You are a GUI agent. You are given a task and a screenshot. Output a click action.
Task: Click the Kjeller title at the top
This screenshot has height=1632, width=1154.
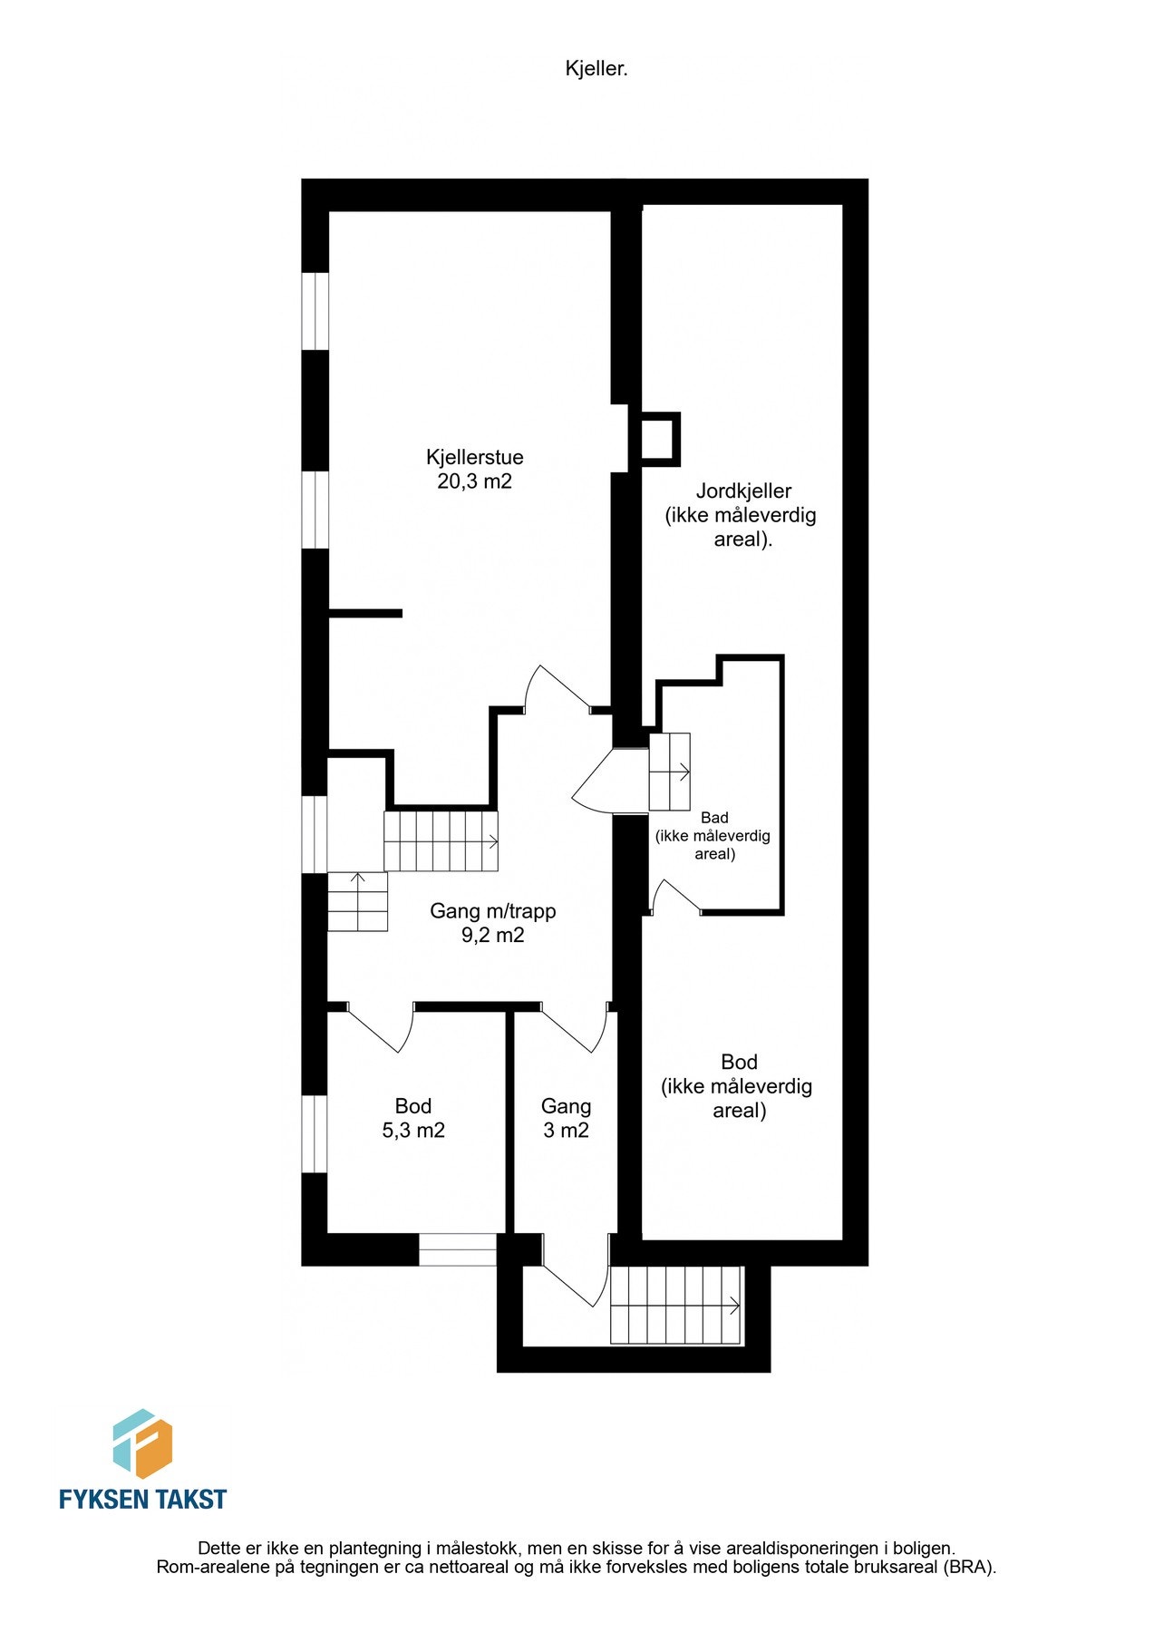pyautogui.click(x=596, y=69)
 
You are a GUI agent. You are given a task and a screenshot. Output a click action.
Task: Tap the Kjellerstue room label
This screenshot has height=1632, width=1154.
pyautogui.click(x=474, y=457)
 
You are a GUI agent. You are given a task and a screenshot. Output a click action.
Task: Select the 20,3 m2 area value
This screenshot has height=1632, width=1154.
pyautogui.click(x=474, y=481)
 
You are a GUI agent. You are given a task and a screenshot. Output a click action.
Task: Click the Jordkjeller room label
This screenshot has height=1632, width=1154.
pyautogui.click(x=743, y=491)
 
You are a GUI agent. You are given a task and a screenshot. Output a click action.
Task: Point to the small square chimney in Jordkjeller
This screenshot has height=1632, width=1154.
pyautogui.click(x=659, y=440)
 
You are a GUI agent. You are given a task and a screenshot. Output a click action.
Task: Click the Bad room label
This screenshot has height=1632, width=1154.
pyautogui.click(x=714, y=818)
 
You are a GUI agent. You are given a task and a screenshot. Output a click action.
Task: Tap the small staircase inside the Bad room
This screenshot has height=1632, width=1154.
pyautogui.click(x=670, y=772)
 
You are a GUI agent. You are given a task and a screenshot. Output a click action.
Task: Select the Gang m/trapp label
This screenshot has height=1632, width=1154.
pyautogui.click(x=492, y=911)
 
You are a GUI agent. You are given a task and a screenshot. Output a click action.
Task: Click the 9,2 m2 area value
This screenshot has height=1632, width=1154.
pyautogui.click(x=492, y=936)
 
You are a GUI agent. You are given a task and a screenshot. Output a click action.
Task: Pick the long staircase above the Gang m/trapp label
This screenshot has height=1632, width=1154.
pyautogui.click(x=441, y=841)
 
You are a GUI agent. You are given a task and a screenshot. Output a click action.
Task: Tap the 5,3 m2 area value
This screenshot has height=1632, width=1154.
pyautogui.click(x=413, y=1131)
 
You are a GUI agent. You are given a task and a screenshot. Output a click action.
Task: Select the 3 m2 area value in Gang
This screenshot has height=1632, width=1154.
pyautogui.click(x=566, y=1131)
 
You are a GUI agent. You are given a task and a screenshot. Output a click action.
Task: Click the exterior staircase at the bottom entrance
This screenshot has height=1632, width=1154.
pyautogui.click(x=676, y=1306)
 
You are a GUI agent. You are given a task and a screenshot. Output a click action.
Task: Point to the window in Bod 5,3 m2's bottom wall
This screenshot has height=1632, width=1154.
pyautogui.click(x=458, y=1250)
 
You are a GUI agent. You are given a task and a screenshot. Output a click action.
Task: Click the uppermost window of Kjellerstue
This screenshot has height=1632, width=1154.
pyautogui.click(x=315, y=311)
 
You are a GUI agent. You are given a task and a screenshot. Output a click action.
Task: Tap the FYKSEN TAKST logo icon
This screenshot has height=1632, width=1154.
pyautogui.click(x=142, y=1443)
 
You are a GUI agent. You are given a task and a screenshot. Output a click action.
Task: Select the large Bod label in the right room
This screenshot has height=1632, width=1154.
pyautogui.click(x=739, y=1062)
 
